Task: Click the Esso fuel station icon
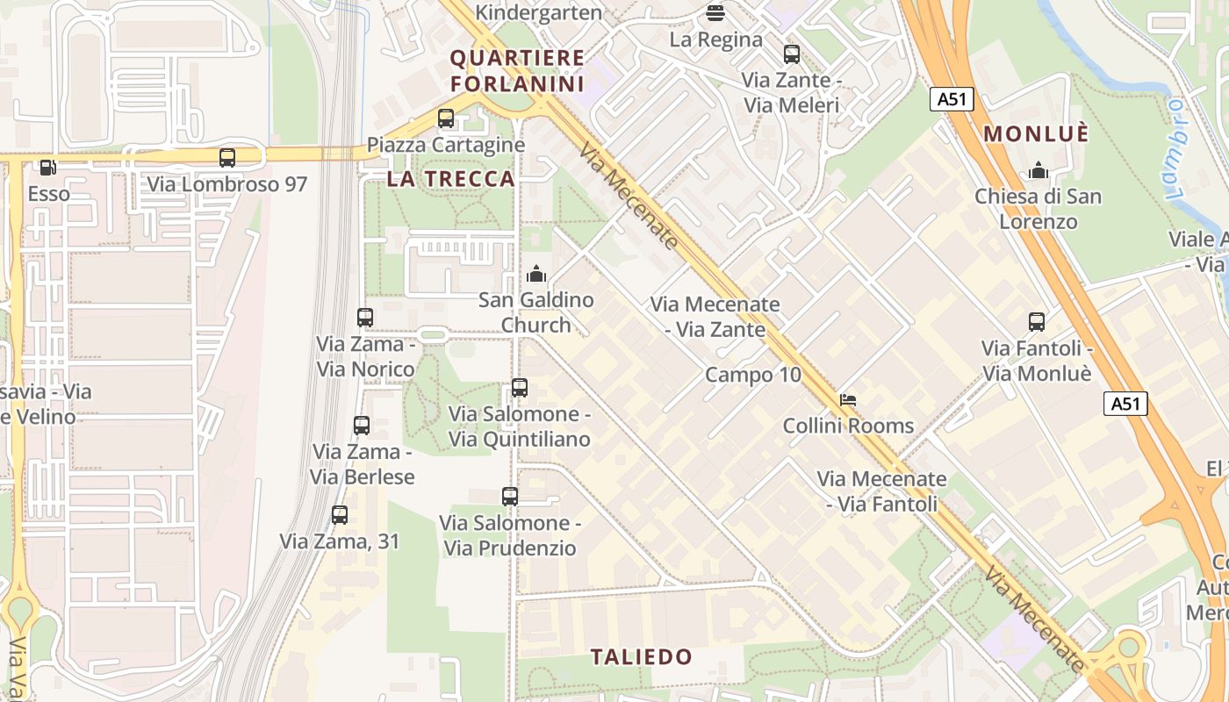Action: pyautogui.click(x=48, y=167)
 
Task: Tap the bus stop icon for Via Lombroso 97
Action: pyautogui.click(x=227, y=158)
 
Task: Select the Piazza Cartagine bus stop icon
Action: pyautogui.click(x=446, y=118)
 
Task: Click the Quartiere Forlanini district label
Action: pyautogui.click(x=517, y=71)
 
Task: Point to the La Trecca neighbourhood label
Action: pyautogui.click(x=450, y=179)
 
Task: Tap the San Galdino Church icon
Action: pyautogui.click(x=536, y=274)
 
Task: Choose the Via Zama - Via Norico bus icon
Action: pyautogui.click(x=365, y=318)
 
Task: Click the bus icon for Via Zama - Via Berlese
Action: pyautogui.click(x=362, y=426)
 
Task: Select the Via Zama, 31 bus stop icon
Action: pyautogui.click(x=340, y=515)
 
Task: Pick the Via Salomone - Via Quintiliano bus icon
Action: pyautogui.click(x=520, y=388)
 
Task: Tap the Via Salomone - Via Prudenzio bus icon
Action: pyautogui.click(x=510, y=497)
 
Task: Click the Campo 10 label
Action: pyautogui.click(x=753, y=375)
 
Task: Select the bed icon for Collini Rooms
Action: pyautogui.click(x=847, y=400)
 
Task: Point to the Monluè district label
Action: pyautogui.click(x=1036, y=134)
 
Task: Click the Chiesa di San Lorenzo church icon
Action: pyautogui.click(x=1039, y=170)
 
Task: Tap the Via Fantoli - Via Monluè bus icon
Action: pyautogui.click(x=1037, y=322)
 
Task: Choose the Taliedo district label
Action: pyautogui.click(x=641, y=657)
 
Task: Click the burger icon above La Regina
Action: pyautogui.click(x=715, y=13)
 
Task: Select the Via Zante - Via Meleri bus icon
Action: pyautogui.click(x=792, y=54)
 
